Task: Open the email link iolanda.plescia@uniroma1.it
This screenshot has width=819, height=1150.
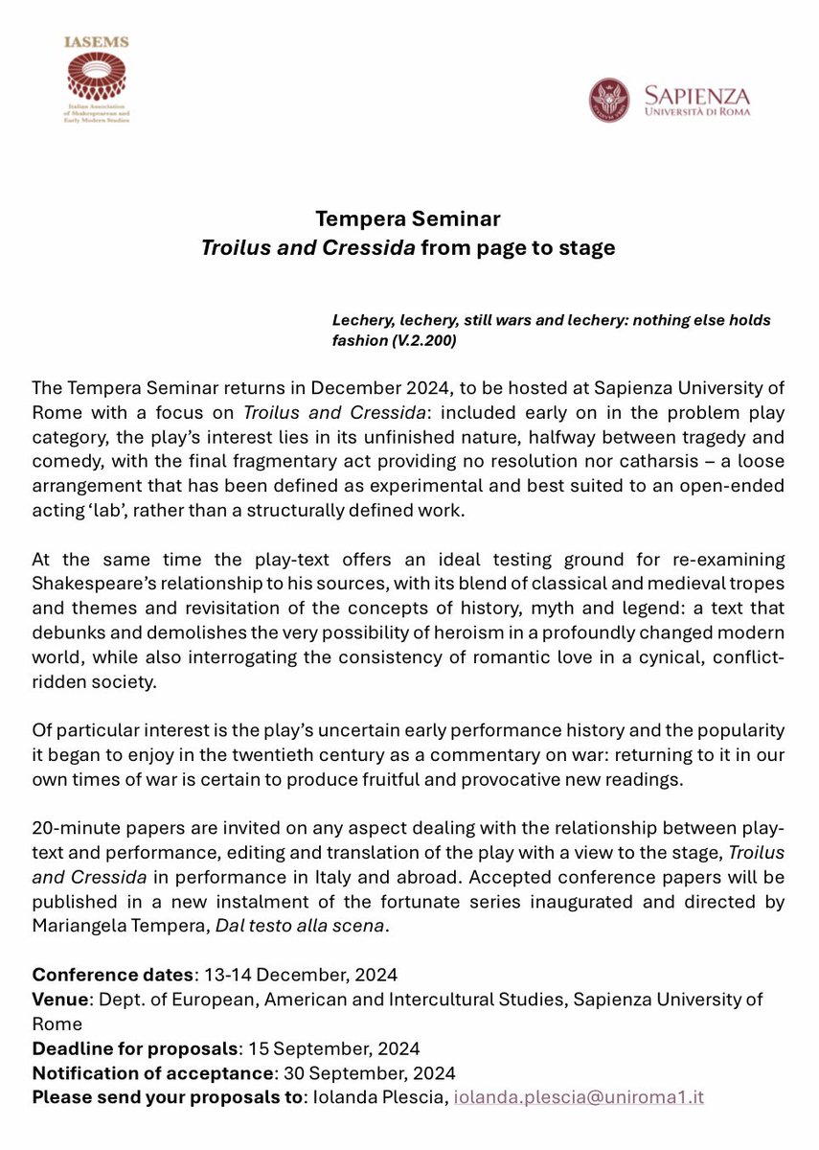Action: [579, 1097]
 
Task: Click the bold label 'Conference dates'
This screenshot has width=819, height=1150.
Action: [112, 975]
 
